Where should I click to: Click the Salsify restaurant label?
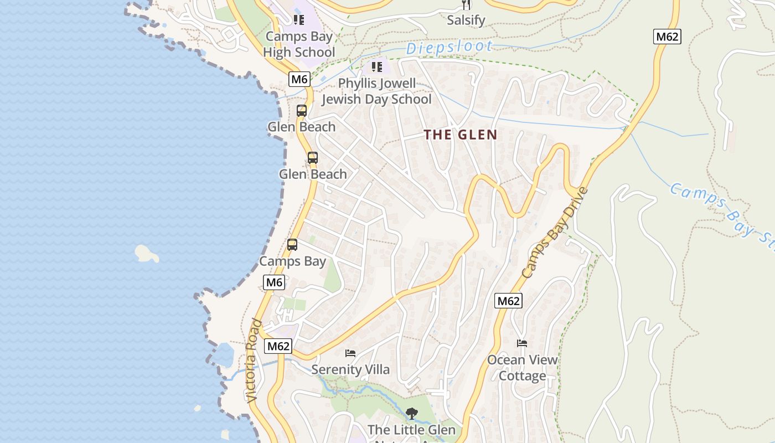click(x=466, y=20)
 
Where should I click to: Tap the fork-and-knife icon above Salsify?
click(x=466, y=5)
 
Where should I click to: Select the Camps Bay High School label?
click(x=299, y=44)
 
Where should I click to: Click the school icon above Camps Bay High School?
click(x=299, y=20)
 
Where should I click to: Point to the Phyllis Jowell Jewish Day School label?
click(x=376, y=91)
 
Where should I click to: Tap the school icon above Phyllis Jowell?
click(x=377, y=68)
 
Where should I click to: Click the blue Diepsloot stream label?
click(x=449, y=48)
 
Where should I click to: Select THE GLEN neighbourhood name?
click(x=461, y=135)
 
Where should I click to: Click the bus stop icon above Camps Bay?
click(x=292, y=245)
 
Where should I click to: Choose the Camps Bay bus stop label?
click(x=292, y=261)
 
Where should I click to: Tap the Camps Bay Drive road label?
click(x=554, y=233)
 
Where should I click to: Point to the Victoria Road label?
click(x=254, y=360)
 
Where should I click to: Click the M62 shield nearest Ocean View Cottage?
click(x=508, y=301)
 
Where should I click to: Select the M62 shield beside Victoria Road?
click(x=278, y=346)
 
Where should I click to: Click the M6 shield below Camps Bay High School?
click(x=299, y=79)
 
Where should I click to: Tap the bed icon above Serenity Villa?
click(x=350, y=353)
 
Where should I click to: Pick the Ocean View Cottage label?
click(x=523, y=368)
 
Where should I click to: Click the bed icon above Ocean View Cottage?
click(x=522, y=343)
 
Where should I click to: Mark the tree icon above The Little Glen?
click(x=411, y=413)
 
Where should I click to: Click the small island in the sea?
click(x=147, y=254)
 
